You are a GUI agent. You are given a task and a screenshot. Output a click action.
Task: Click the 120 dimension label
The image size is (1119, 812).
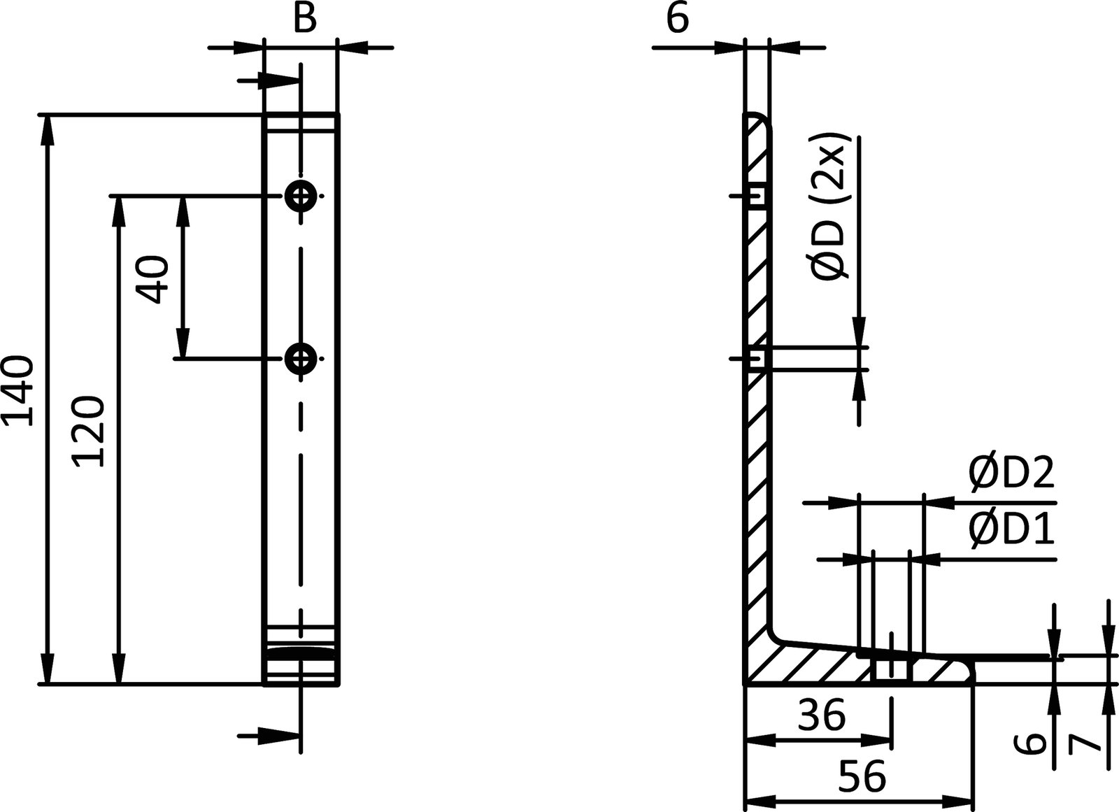pos(90,431)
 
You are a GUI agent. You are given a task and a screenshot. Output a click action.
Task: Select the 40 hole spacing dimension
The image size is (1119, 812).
pos(153,278)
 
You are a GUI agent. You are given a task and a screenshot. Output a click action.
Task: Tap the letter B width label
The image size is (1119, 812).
pos(304,19)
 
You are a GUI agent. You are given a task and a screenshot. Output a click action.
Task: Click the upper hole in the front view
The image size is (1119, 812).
pos(301,197)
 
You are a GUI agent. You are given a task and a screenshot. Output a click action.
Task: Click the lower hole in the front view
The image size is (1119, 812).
pos(301,359)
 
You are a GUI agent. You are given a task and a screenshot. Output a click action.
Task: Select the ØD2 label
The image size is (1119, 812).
pos(1011,474)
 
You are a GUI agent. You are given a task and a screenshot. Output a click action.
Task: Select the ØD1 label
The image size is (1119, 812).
pos(1011,531)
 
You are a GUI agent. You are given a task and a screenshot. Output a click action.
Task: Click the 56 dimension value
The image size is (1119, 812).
pos(862,775)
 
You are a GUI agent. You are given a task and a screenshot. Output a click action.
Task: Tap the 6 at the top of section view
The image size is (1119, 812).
pos(677,19)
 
